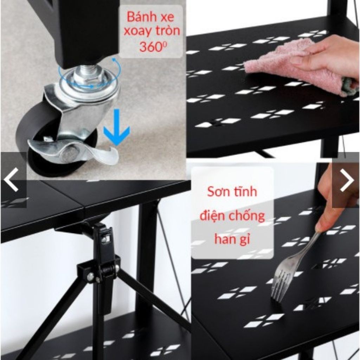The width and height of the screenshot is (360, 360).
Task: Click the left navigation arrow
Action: (11, 180)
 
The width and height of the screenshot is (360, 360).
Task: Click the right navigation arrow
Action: (347, 180)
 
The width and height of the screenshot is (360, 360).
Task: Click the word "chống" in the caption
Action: (247, 215)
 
